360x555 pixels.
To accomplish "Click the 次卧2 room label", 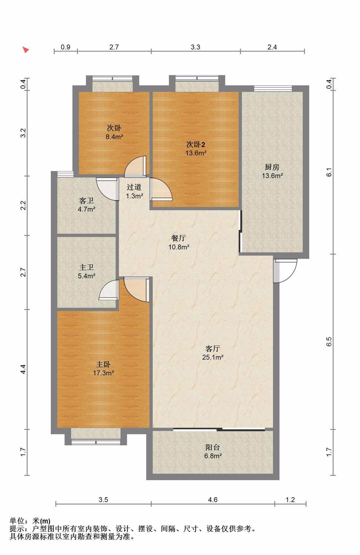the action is (x=196, y=144).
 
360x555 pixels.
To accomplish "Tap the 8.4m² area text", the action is (x=114, y=137).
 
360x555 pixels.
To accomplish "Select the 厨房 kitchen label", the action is (x=272, y=167).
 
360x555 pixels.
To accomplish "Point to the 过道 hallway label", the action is (x=134, y=187).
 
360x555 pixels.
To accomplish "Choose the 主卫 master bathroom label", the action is (x=86, y=267).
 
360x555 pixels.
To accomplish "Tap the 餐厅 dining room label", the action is (x=179, y=238).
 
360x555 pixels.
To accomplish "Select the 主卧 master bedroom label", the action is (x=103, y=364).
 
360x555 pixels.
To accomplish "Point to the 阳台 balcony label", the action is (x=213, y=447).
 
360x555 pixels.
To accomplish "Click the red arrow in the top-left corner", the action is (x=26, y=50).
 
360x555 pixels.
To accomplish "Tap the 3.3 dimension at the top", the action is (x=195, y=47).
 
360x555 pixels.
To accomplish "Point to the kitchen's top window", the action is (x=273, y=88).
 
